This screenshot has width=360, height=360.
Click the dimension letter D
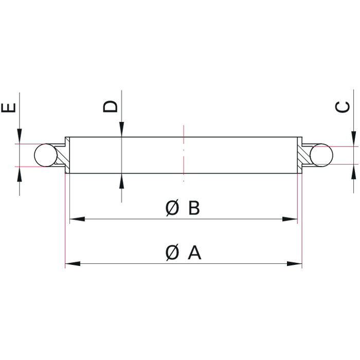tap(111, 106)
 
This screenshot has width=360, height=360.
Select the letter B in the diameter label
tap(193, 208)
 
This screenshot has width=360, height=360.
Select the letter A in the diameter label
tap(194, 253)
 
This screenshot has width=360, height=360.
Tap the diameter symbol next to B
tap(173, 208)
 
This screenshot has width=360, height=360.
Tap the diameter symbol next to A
tap(173, 253)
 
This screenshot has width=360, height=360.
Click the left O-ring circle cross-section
tap(45, 155)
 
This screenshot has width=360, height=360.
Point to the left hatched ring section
tap(62, 155)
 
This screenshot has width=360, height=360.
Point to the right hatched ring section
tap(302, 155)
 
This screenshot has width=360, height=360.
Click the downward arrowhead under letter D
tap(121, 131)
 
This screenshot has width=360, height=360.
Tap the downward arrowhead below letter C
tap(354, 138)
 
